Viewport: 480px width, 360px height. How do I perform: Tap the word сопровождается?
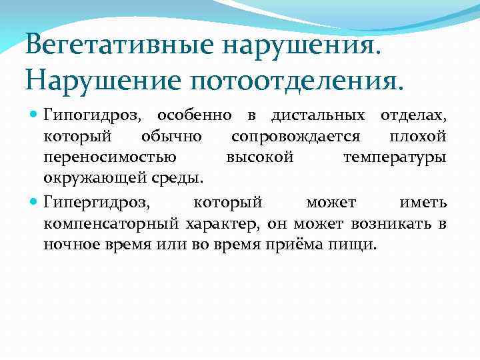click(296, 137)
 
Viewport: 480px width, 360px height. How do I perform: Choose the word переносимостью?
click(110, 158)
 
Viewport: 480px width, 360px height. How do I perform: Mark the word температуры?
click(395, 158)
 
